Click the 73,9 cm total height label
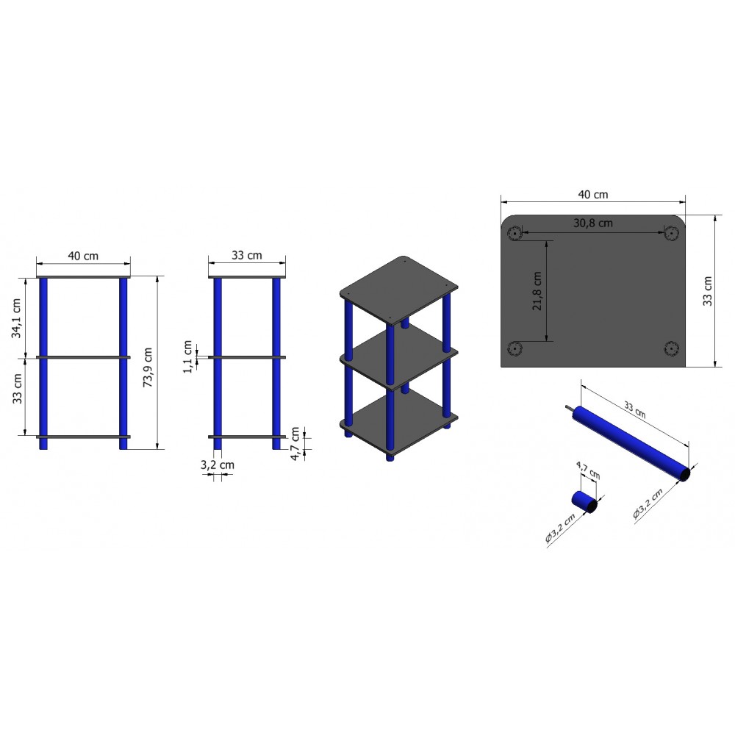click(x=148, y=367)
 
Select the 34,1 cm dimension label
click(x=17, y=318)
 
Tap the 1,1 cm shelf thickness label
click(x=188, y=356)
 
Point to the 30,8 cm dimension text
click(x=593, y=223)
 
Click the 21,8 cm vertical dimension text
click(x=537, y=290)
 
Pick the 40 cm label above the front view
click(x=83, y=256)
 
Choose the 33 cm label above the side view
click(x=246, y=256)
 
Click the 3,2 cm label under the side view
click(x=217, y=465)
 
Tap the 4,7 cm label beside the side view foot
click(x=295, y=443)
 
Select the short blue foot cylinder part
click(x=584, y=502)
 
